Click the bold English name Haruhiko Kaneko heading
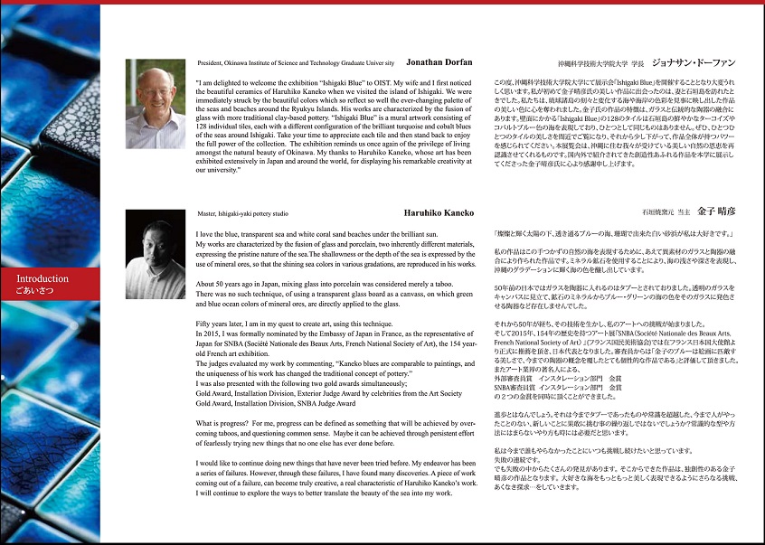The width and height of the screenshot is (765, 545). point(439,213)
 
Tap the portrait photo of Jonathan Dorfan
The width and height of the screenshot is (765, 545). point(156,107)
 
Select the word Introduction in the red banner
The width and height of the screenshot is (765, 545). point(42,278)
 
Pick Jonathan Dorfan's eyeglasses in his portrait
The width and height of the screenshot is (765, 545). point(155,89)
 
